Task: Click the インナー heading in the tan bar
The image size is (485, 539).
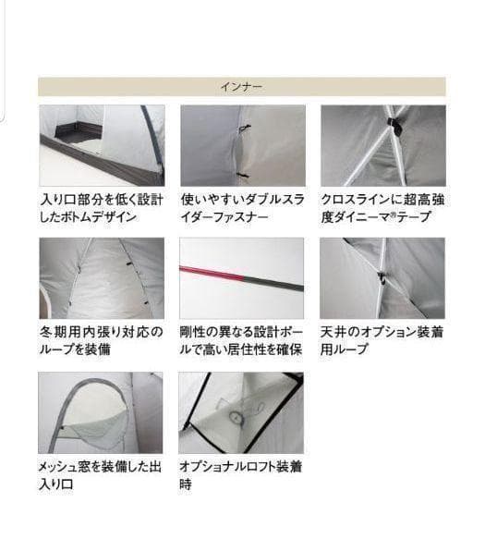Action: [241, 87]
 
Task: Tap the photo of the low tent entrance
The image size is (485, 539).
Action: [102, 145]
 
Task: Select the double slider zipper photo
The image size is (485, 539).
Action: [242, 145]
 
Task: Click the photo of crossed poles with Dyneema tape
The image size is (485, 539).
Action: [382, 145]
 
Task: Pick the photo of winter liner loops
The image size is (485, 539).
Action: [102, 278]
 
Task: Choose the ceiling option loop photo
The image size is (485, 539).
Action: [382, 278]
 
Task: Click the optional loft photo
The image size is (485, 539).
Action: [242, 412]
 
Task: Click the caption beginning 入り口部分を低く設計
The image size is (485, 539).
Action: [102, 208]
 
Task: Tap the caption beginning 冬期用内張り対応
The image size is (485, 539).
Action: [102, 340]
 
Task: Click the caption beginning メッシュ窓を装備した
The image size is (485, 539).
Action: [102, 475]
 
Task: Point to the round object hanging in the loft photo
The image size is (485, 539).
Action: [237, 416]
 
